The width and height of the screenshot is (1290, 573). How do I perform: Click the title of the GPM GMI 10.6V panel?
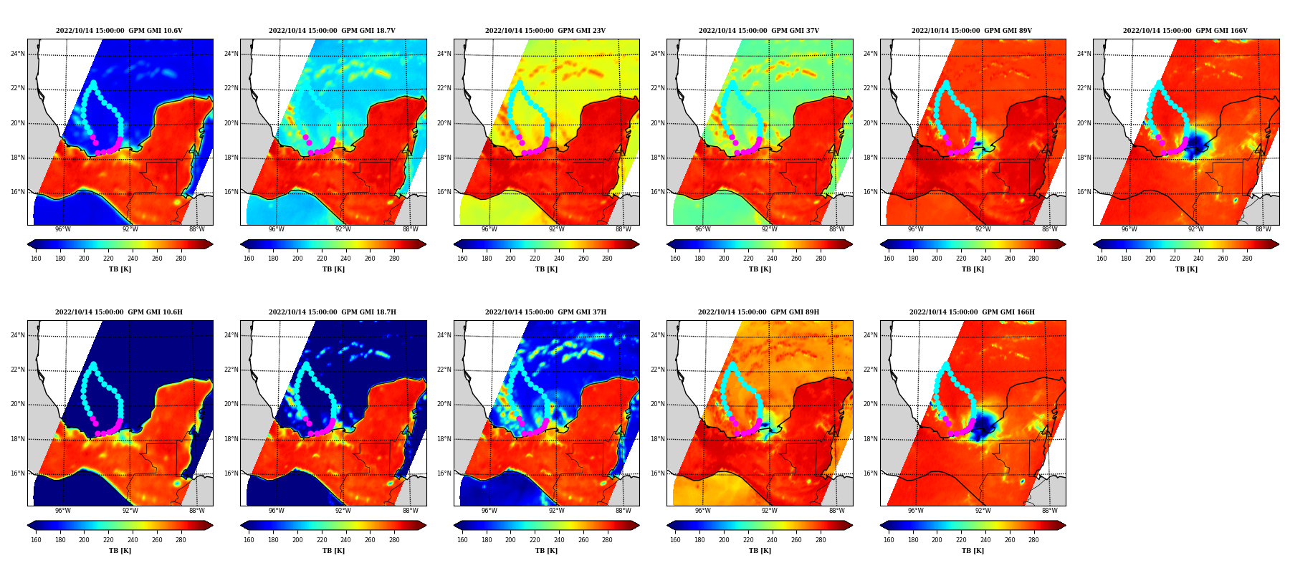tap(119, 31)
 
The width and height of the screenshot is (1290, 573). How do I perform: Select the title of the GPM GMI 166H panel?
tap(972, 312)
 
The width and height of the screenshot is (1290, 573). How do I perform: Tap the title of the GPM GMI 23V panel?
tap(545, 31)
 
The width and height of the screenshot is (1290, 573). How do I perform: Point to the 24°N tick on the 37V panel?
tap(659, 54)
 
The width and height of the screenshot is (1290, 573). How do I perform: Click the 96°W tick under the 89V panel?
tap(915, 229)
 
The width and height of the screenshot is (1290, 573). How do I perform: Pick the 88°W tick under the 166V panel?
tap(1263, 229)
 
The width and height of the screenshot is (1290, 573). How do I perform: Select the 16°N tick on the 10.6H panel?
tap(19, 473)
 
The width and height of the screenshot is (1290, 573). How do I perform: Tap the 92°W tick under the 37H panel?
tap(556, 511)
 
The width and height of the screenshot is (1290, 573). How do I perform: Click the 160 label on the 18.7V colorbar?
tap(249, 259)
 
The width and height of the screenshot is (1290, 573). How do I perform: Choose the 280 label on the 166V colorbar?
tap(1247, 259)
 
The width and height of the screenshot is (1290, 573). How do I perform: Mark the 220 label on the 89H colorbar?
tap(747, 540)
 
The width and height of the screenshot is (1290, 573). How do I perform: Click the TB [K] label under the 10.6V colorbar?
tap(120, 269)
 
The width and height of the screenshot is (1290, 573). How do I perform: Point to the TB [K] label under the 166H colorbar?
tap(973, 551)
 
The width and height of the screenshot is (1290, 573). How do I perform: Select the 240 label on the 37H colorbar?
tap(558, 540)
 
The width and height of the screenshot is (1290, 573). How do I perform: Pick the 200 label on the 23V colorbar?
tap(510, 259)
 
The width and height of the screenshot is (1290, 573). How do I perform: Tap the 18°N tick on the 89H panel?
tap(659, 439)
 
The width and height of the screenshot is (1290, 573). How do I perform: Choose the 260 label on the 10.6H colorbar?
tap(156, 540)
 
